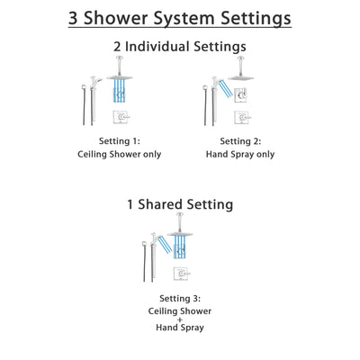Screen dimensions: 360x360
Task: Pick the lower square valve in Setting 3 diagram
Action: pos(183,274)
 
